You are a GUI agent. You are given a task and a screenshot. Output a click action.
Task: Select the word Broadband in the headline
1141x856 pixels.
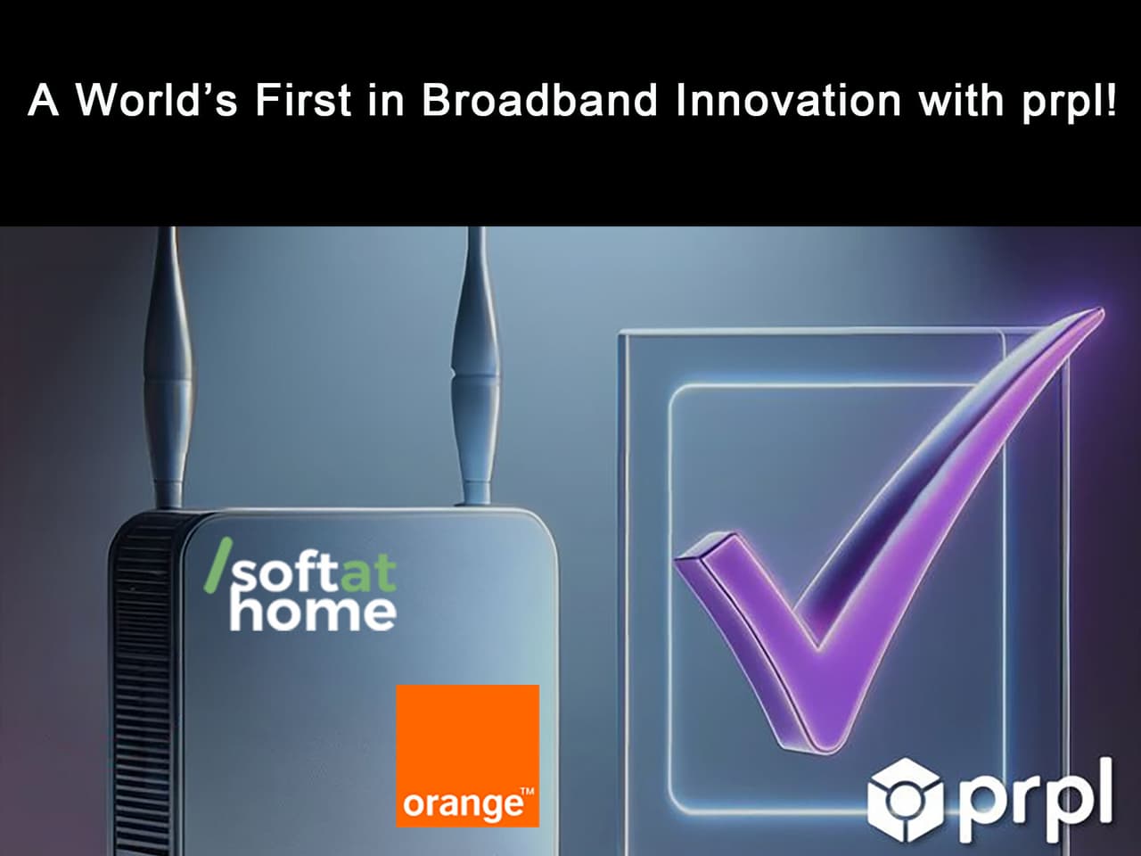point(539,100)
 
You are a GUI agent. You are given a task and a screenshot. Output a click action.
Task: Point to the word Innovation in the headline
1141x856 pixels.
point(788,100)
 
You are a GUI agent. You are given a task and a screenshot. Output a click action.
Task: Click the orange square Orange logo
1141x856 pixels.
point(467,740)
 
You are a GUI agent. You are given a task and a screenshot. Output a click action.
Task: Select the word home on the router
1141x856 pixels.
point(312,613)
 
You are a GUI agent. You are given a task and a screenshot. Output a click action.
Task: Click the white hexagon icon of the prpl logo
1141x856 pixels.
point(906,799)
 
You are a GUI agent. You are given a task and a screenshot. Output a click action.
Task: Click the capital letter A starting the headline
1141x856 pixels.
point(44,100)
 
